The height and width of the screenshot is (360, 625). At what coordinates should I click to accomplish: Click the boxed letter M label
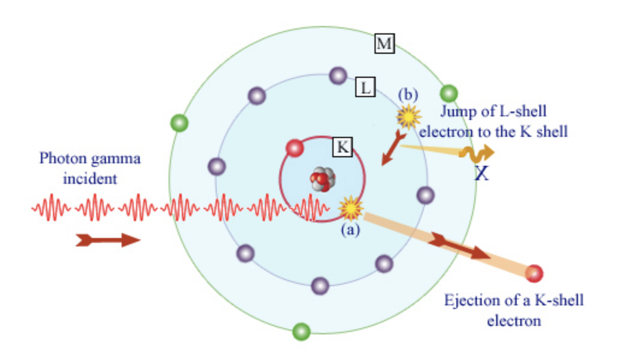coord(384,43)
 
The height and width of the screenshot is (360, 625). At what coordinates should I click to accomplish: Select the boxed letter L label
coord(365,87)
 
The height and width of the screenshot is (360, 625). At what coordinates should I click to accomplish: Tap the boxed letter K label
coord(342,146)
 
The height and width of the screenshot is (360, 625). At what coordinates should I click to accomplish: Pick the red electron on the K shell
coord(294,147)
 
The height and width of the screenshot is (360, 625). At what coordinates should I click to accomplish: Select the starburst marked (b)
coord(408,116)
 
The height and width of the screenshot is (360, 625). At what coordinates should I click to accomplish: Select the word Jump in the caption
coord(455,111)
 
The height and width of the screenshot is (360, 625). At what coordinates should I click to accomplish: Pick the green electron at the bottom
coord(301,331)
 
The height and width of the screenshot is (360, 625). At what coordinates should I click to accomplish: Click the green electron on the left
coord(179,123)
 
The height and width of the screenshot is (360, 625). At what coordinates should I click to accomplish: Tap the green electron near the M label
coord(449,93)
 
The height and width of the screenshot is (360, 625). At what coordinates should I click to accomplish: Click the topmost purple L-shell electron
coord(338,76)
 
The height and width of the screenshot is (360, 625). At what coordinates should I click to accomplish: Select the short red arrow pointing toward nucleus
coord(392,149)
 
